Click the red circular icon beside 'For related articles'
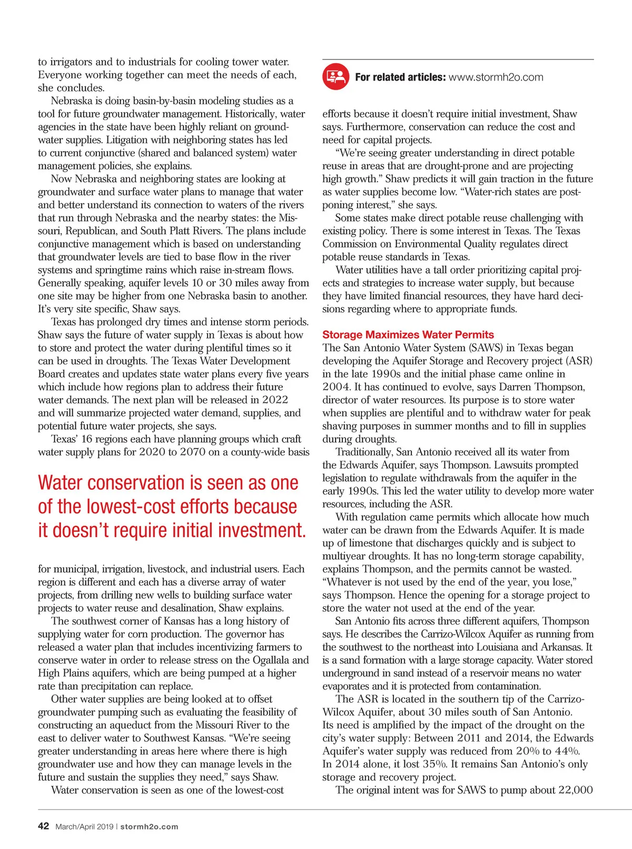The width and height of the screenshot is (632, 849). (335, 77)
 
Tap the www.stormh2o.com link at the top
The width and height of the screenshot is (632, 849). (496, 77)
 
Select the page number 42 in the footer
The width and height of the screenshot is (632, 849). (43, 826)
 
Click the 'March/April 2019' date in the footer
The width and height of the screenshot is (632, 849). (84, 826)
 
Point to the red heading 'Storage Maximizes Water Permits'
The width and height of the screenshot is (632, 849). (408, 334)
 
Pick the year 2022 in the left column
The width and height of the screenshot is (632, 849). (275, 400)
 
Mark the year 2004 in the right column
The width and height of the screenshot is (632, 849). (336, 387)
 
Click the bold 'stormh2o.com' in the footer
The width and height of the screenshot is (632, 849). (149, 826)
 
